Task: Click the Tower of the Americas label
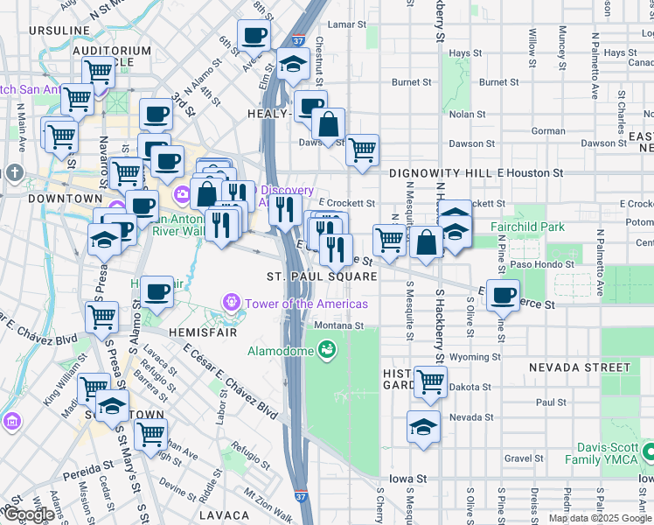pyautogui.click(x=306, y=304)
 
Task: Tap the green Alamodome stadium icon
pyautogui.click(x=328, y=350)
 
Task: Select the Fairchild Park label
pyautogui.click(x=527, y=227)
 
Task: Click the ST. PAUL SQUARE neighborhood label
pyautogui.click(x=322, y=276)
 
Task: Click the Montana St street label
pyautogui.click(x=339, y=325)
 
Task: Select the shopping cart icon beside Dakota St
pyautogui.click(x=430, y=381)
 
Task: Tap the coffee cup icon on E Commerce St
pyautogui.click(x=503, y=295)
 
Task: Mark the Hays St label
pyautogui.click(x=460, y=53)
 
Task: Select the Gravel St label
pyautogui.click(x=524, y=458)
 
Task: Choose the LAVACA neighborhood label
pyautogui.click(x=225, y=516)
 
